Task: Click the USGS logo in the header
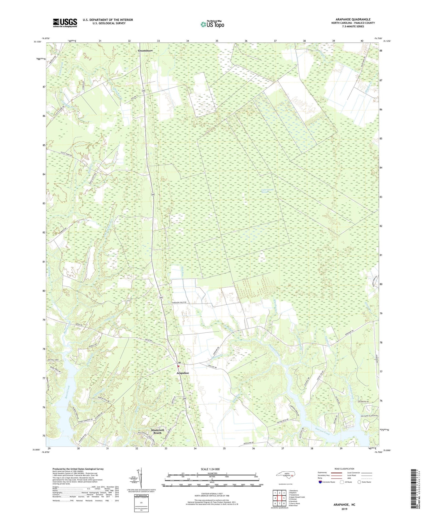[x=65, y=23]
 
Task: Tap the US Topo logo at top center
[x=212, y=24]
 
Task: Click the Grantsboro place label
[x=145, y=51]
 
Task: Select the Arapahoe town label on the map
[x=183, y=373]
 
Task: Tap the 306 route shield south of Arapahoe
[x=184, y=398]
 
